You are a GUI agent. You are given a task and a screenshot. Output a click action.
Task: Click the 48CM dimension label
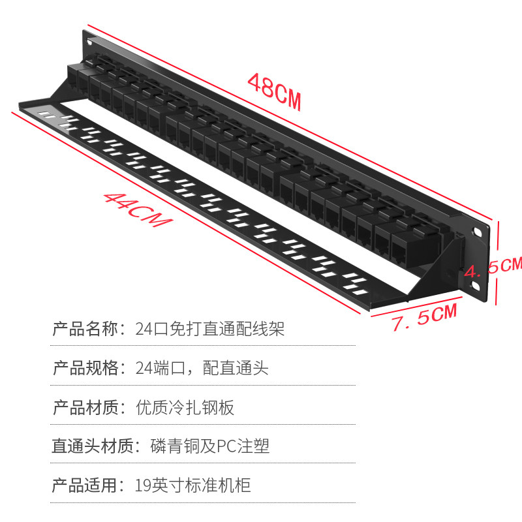point(274,91)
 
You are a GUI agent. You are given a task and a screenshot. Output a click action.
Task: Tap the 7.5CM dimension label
point(424,318)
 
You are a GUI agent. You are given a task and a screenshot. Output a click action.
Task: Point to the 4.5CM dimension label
point(493,266)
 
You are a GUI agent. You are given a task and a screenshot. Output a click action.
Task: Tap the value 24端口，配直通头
point(202,368)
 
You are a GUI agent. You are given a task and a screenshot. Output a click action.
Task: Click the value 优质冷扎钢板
point(185,408)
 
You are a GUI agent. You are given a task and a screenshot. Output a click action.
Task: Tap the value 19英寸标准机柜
point(193,486)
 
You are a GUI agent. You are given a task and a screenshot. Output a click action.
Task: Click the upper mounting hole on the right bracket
point(478,232)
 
